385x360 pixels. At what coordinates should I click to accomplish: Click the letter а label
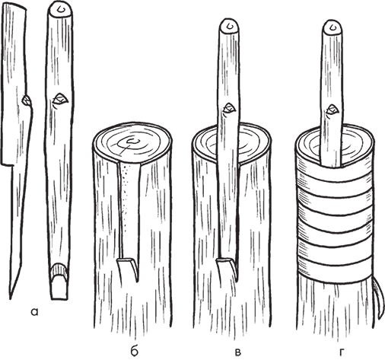(34, 312)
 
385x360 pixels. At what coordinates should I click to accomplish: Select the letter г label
(342, 352)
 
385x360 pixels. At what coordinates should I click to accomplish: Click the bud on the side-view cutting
(27, 100)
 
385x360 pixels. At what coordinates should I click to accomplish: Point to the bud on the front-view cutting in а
(60, 99)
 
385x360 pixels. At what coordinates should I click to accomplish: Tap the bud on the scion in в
(229, 108)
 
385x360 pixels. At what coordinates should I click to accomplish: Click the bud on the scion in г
(332, 110)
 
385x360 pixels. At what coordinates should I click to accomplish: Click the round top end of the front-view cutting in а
(60, 8)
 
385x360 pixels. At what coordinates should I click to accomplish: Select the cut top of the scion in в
(229, 25)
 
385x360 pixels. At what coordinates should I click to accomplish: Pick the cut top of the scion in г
(332, 27)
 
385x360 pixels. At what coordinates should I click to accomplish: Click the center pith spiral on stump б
(132, 142)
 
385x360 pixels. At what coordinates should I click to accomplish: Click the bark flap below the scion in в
(228, 269)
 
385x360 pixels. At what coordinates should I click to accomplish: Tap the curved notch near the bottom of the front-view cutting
(59, 271)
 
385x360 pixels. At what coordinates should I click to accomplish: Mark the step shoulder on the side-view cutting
(8, 164)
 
